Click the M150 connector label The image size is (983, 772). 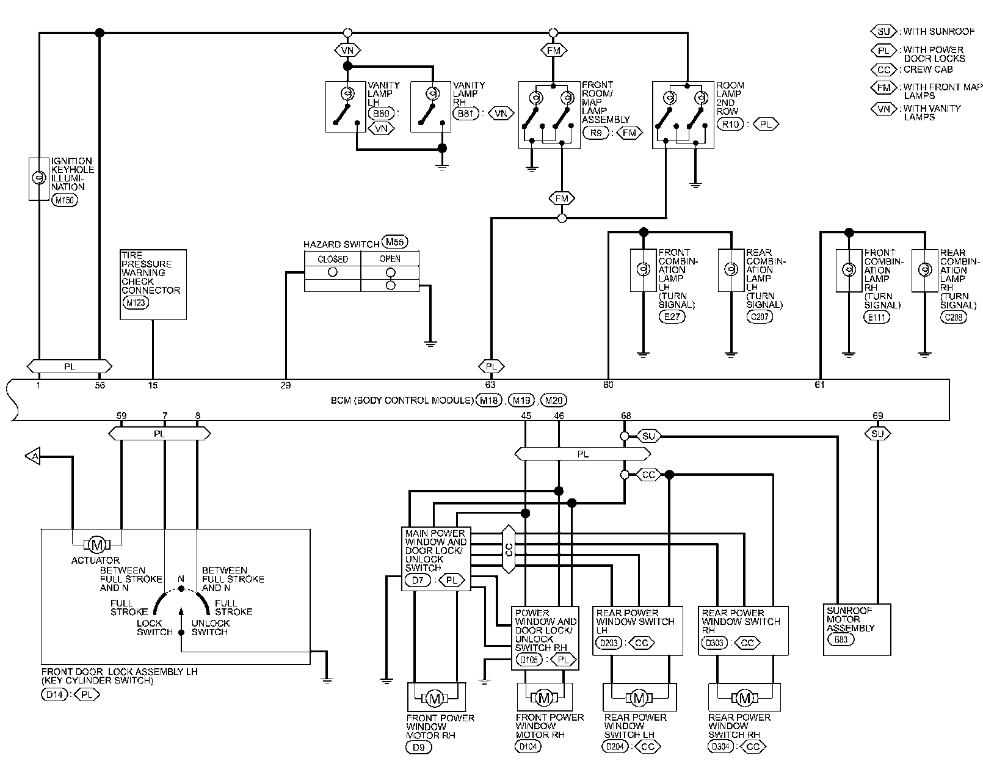(65, 200)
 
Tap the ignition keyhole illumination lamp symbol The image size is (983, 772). (39, 178)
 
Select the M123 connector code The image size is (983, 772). (136, 303)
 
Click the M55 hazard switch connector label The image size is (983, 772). (395, 242)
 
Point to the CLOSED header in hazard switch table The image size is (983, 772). (333, 260)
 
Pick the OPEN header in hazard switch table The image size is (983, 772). (390, 259)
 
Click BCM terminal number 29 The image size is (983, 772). (286, 385)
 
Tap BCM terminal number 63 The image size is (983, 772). (490, 385)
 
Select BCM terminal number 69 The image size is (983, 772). (877, 415)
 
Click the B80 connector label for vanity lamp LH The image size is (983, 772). (381, 113)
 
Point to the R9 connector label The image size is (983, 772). (596, 133)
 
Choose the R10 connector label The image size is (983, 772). (730, 125)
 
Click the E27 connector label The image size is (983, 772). (672, 317)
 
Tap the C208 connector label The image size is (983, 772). (954, 317)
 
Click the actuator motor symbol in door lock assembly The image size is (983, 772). (97, 545)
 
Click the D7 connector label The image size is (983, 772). (418, 580)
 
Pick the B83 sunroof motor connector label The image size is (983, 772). (841, 639)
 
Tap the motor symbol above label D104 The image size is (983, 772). (544, 697)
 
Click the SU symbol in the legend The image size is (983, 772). (883, 32)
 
